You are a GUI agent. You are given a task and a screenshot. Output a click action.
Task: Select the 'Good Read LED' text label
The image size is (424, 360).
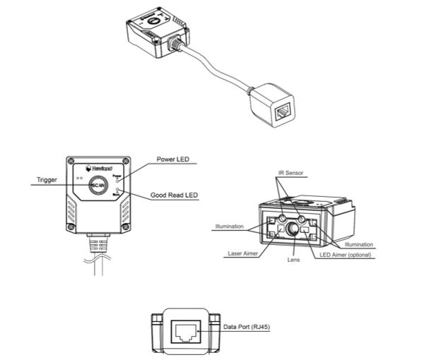coord(173,195)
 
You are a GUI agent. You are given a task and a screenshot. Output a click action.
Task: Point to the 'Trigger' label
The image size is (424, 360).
coord(47,180)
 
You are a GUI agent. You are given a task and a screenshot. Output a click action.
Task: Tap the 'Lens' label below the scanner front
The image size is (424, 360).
coord(295,260)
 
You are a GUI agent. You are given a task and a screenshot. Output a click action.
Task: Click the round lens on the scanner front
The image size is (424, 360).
coord(293,229)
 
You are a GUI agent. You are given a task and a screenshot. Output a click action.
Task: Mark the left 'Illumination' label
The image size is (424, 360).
coord(230,227)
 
